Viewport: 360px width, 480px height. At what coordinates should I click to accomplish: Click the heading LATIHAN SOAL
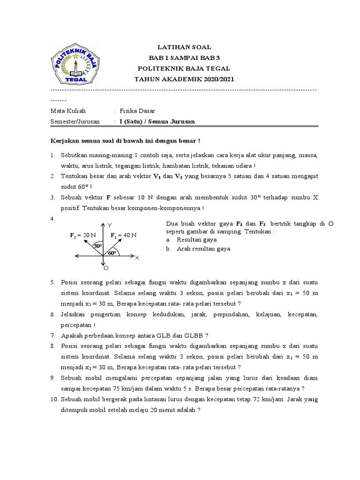point(184,47)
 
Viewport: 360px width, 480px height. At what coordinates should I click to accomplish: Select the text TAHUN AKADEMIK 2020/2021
point(184,79)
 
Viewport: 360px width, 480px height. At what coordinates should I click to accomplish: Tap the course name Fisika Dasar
point(137,111)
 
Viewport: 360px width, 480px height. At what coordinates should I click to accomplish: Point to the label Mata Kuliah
point(68,111)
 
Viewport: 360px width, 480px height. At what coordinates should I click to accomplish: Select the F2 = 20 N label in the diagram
point(83,235)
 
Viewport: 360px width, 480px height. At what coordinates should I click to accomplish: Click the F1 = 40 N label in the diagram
point(123,235)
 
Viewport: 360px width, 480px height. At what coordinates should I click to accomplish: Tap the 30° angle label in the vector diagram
point(98,246)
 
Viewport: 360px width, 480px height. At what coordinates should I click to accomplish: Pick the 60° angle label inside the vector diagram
point(112,253)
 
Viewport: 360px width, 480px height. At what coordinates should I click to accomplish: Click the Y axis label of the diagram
point(110,225)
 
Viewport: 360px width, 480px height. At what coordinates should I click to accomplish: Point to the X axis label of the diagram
point(137,258)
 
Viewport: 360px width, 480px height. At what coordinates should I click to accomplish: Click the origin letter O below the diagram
point(106,268)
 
